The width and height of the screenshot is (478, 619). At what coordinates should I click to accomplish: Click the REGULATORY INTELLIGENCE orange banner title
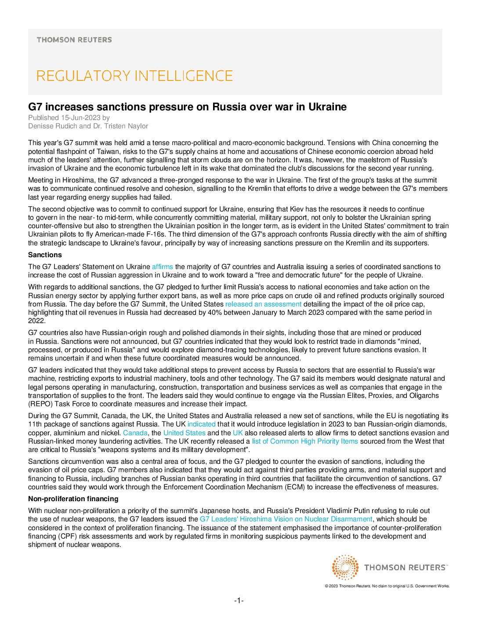point(134,76)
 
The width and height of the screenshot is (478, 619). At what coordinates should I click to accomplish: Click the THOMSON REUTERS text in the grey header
point(74,40)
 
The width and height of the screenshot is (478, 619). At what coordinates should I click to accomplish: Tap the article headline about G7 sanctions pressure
point(187,107)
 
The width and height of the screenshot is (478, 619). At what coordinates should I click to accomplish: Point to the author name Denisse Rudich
point(52,126)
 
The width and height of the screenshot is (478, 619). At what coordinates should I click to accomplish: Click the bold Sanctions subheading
point(45,255)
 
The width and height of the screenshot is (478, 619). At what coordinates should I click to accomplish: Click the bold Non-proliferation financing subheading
point(73,499)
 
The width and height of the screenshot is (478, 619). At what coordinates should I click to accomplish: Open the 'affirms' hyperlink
point(162,266)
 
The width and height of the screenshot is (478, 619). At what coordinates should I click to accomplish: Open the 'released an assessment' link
point(263,304)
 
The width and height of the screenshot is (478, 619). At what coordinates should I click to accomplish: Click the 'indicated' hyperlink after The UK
point(201,424)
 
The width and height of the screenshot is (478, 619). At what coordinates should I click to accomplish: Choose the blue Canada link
point(135,433)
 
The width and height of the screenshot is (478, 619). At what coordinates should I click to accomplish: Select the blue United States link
point(184,433)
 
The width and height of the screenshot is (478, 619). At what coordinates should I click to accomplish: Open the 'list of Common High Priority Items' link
point(304,441)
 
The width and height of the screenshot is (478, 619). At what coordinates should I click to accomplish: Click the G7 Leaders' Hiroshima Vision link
point(286,519)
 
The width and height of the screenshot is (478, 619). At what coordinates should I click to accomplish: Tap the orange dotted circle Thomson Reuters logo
point(345,567)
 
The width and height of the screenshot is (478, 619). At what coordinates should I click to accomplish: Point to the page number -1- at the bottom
point(239,601)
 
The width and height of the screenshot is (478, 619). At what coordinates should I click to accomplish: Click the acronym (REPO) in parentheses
point(39,404)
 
